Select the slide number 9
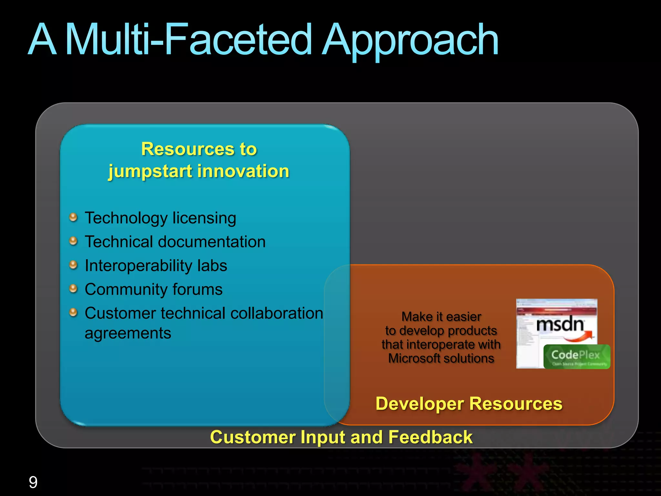33,482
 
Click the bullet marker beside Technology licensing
74,217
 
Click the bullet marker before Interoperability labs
74,265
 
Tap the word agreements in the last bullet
128,333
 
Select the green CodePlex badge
576,356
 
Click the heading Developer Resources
469,404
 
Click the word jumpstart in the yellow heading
150,171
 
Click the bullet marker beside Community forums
74,288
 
